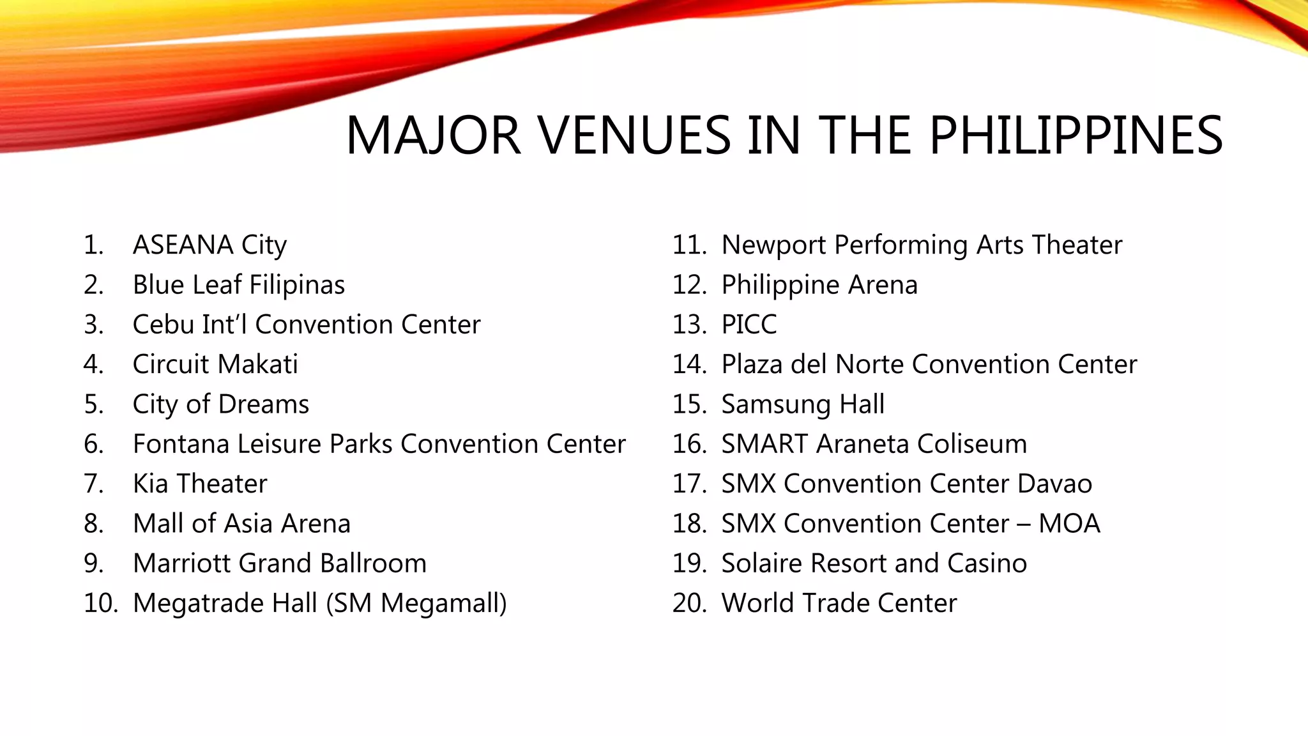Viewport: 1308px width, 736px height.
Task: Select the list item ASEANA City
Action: tap(209, 245)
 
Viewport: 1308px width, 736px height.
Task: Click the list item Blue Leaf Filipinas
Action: tap(238, 285)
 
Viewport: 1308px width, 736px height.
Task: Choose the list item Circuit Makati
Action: tap(215, 364)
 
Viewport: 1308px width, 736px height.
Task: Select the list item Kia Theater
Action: tap(200, 484)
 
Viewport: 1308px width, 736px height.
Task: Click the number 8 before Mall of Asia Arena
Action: tap(93, 524)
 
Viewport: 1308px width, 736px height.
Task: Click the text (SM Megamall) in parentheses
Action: tap(416, 603)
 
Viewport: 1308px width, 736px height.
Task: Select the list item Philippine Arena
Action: tap(819, 285)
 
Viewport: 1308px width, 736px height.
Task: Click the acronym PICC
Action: tap(749, 325)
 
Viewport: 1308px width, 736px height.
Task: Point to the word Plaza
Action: tap(752, 364)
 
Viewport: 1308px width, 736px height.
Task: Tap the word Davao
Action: tap(1054, 484)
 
